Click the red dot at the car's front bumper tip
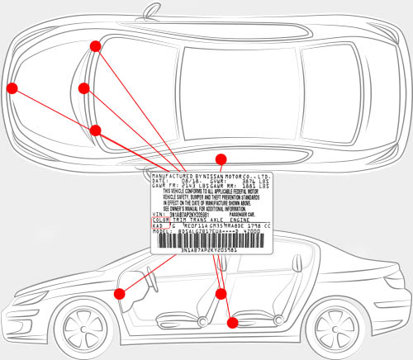(x=12, y=87)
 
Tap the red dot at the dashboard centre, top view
(x=83, y=88)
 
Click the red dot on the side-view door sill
(x=232, y=322)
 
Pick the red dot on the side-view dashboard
(x=120, y=293)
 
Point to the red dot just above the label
(x=221, y=159)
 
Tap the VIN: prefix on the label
(x=159, y=213)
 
